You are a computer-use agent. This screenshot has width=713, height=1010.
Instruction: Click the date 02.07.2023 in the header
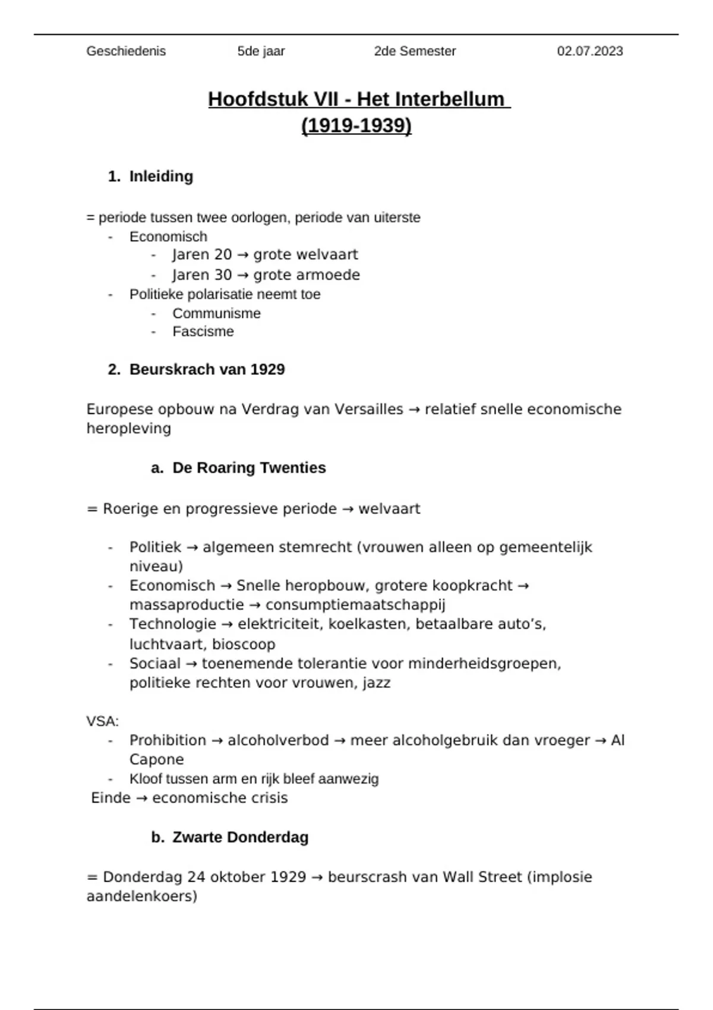(589, 52)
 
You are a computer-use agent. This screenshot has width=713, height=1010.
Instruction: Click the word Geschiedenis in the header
(126, 52)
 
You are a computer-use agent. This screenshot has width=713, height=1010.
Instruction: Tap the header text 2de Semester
(415, 52)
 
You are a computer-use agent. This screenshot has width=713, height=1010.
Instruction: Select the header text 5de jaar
(261, 52)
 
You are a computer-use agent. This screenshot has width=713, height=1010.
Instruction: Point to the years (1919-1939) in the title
(356, 126)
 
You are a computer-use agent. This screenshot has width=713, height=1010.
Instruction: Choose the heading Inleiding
(161, 176)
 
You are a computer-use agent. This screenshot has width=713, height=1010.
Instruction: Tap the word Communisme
(216, 314)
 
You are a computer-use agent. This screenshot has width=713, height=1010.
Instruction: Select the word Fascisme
(203, 332)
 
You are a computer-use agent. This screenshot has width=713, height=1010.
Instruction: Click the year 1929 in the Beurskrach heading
(267, 370)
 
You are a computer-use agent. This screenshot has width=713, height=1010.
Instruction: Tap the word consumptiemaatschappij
(355, 605)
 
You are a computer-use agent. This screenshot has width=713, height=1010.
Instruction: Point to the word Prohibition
(168, 741)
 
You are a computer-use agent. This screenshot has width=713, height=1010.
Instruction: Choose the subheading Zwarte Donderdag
(240, 838)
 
